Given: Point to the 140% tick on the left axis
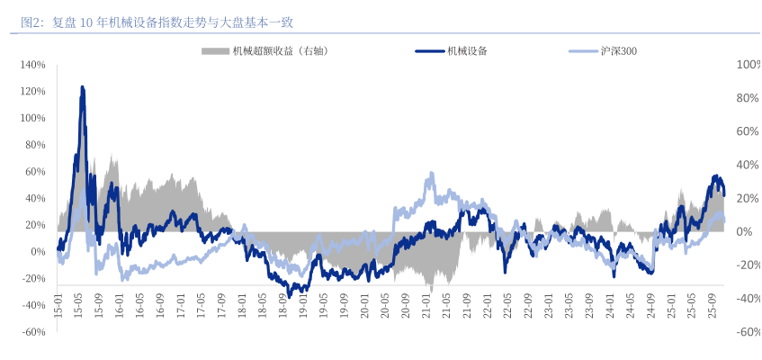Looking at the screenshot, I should [x=32, y=65].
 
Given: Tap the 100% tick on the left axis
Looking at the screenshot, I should [x=32, y=118].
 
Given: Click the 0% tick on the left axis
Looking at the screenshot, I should [x=37, y=252].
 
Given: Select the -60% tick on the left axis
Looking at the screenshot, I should [x=32, y=332].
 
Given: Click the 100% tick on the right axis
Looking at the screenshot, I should [x=748, y=65].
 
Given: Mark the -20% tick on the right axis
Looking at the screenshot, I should [x=747, y=265].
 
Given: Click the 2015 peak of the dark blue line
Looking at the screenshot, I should [x=83, y=87].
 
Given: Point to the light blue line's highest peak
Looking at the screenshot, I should [x=433, y=173].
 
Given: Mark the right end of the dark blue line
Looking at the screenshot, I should [x=724, y=194].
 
